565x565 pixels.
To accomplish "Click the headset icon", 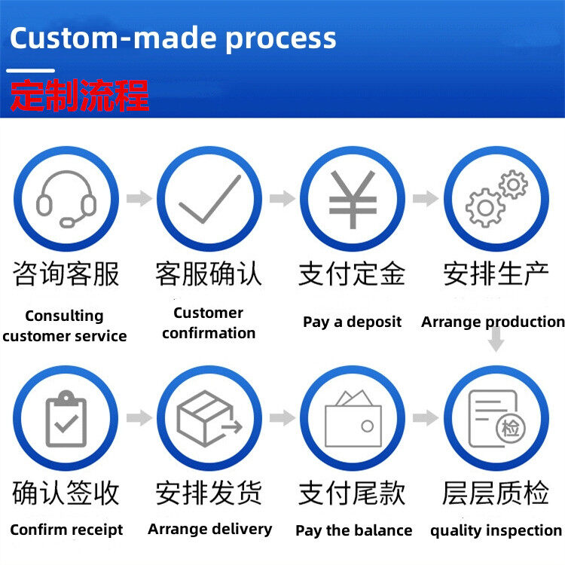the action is [x=66, y=198].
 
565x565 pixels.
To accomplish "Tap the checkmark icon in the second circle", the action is [x=209, y=198].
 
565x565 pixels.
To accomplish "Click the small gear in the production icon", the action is [x=514, y=184].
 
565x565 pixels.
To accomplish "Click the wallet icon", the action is [x=353, y=420].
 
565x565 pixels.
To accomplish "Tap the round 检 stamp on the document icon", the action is [x=512, y=429].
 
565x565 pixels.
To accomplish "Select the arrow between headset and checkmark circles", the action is [x=138, y=199].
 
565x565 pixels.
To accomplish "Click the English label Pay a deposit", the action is [x=352, y=322].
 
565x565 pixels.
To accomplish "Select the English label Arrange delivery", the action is [x=209, y=529].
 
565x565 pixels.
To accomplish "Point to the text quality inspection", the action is [x=496, y=530].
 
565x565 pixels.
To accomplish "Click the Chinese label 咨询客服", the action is [x=66, y=274].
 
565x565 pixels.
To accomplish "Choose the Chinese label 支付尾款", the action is [x=352, y=493].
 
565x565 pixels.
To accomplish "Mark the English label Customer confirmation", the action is [x=209, y=323].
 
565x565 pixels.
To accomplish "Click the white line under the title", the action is [x=31, y=70].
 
